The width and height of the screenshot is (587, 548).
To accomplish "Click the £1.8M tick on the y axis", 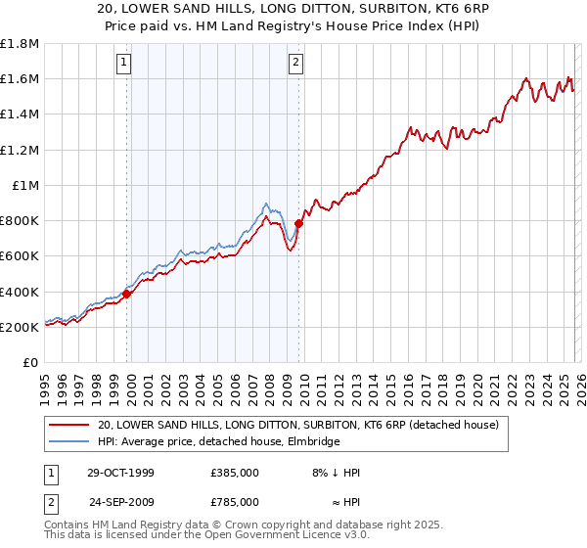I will pos(20,44).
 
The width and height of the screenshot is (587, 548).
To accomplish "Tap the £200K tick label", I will pos(20,327).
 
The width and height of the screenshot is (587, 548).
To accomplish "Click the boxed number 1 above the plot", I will pos(125,65).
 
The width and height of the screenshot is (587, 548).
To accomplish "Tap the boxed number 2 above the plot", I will pos(295,65).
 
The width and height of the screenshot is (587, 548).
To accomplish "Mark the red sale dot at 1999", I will pos(127,294).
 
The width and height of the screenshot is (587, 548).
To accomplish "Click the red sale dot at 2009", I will pos(298,223).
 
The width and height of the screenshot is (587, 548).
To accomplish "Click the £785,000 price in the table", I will pos(235,502).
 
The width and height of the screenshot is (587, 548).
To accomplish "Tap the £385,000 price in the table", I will pos(235,473).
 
